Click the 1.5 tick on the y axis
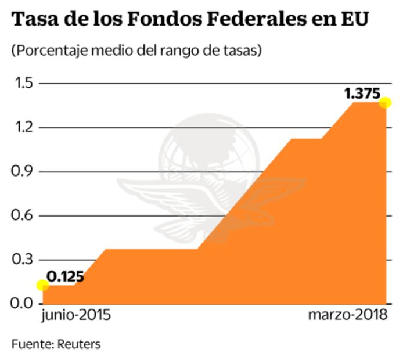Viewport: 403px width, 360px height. [x=23, y=84]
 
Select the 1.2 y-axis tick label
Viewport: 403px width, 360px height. [x=23, y=128]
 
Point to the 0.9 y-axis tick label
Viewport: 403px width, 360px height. [x=23, y=172]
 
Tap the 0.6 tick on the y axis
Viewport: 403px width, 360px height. [x=23, y=215]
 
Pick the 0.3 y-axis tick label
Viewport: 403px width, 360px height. [x=23, y=260]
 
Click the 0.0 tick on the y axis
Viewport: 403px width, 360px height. [x=23, y=303]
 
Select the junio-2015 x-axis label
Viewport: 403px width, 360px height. [x=76, y=316]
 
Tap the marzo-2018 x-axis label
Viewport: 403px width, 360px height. [x=348, y=316]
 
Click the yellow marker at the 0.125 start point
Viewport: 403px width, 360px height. [x=42, y=285]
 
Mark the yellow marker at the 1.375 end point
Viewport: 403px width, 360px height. [x=385, y=103]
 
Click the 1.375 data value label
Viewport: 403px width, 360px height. [x=362, y=93]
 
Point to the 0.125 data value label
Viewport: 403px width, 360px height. [x=66, y=276]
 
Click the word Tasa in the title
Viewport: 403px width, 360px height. [x=34, y=20]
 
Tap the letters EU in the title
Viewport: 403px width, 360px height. [x=354, y=20]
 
